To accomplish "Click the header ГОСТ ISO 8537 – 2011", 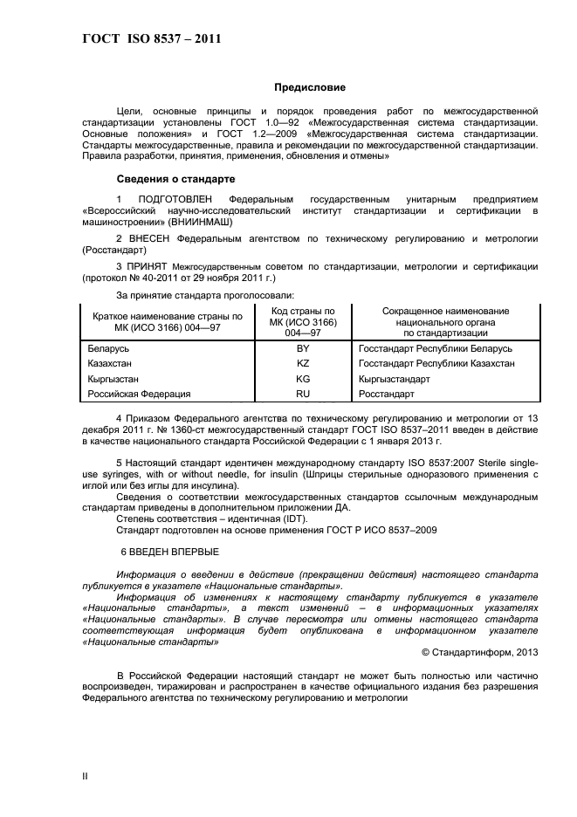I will click(x=151, y=39).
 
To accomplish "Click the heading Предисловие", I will click(x=310, y=87).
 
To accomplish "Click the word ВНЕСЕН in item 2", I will click(x=154, y=237).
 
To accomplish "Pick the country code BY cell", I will click(x=303, y=348).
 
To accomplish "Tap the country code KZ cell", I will click(x=303, y=363).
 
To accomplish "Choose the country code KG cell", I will click(x=303, y=380).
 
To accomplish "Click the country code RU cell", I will click(x=303, y=395).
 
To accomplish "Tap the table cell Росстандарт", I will click(x=386, y=395).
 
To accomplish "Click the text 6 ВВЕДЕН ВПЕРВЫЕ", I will click(x=169, y=552).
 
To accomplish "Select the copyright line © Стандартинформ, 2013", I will click(x=479, y=651).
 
